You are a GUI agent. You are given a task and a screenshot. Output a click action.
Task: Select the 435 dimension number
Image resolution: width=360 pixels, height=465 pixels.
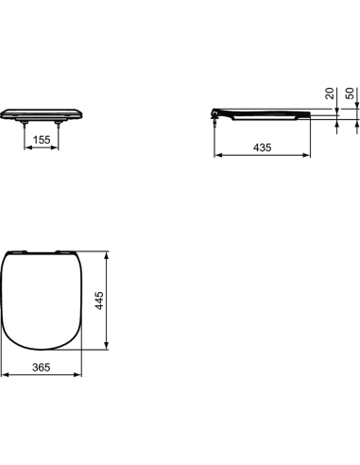tap(264, 148)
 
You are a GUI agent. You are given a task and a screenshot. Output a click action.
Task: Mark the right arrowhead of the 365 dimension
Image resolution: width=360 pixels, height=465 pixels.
tap(81, 377)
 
